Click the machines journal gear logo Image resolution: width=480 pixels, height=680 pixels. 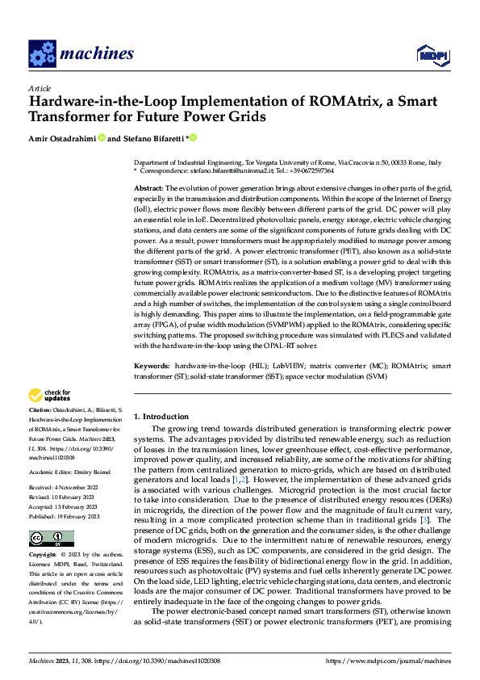pos(42,53)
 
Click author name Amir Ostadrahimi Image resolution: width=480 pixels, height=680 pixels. pos(61,138)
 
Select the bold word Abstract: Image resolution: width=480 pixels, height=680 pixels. pos(148,187)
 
